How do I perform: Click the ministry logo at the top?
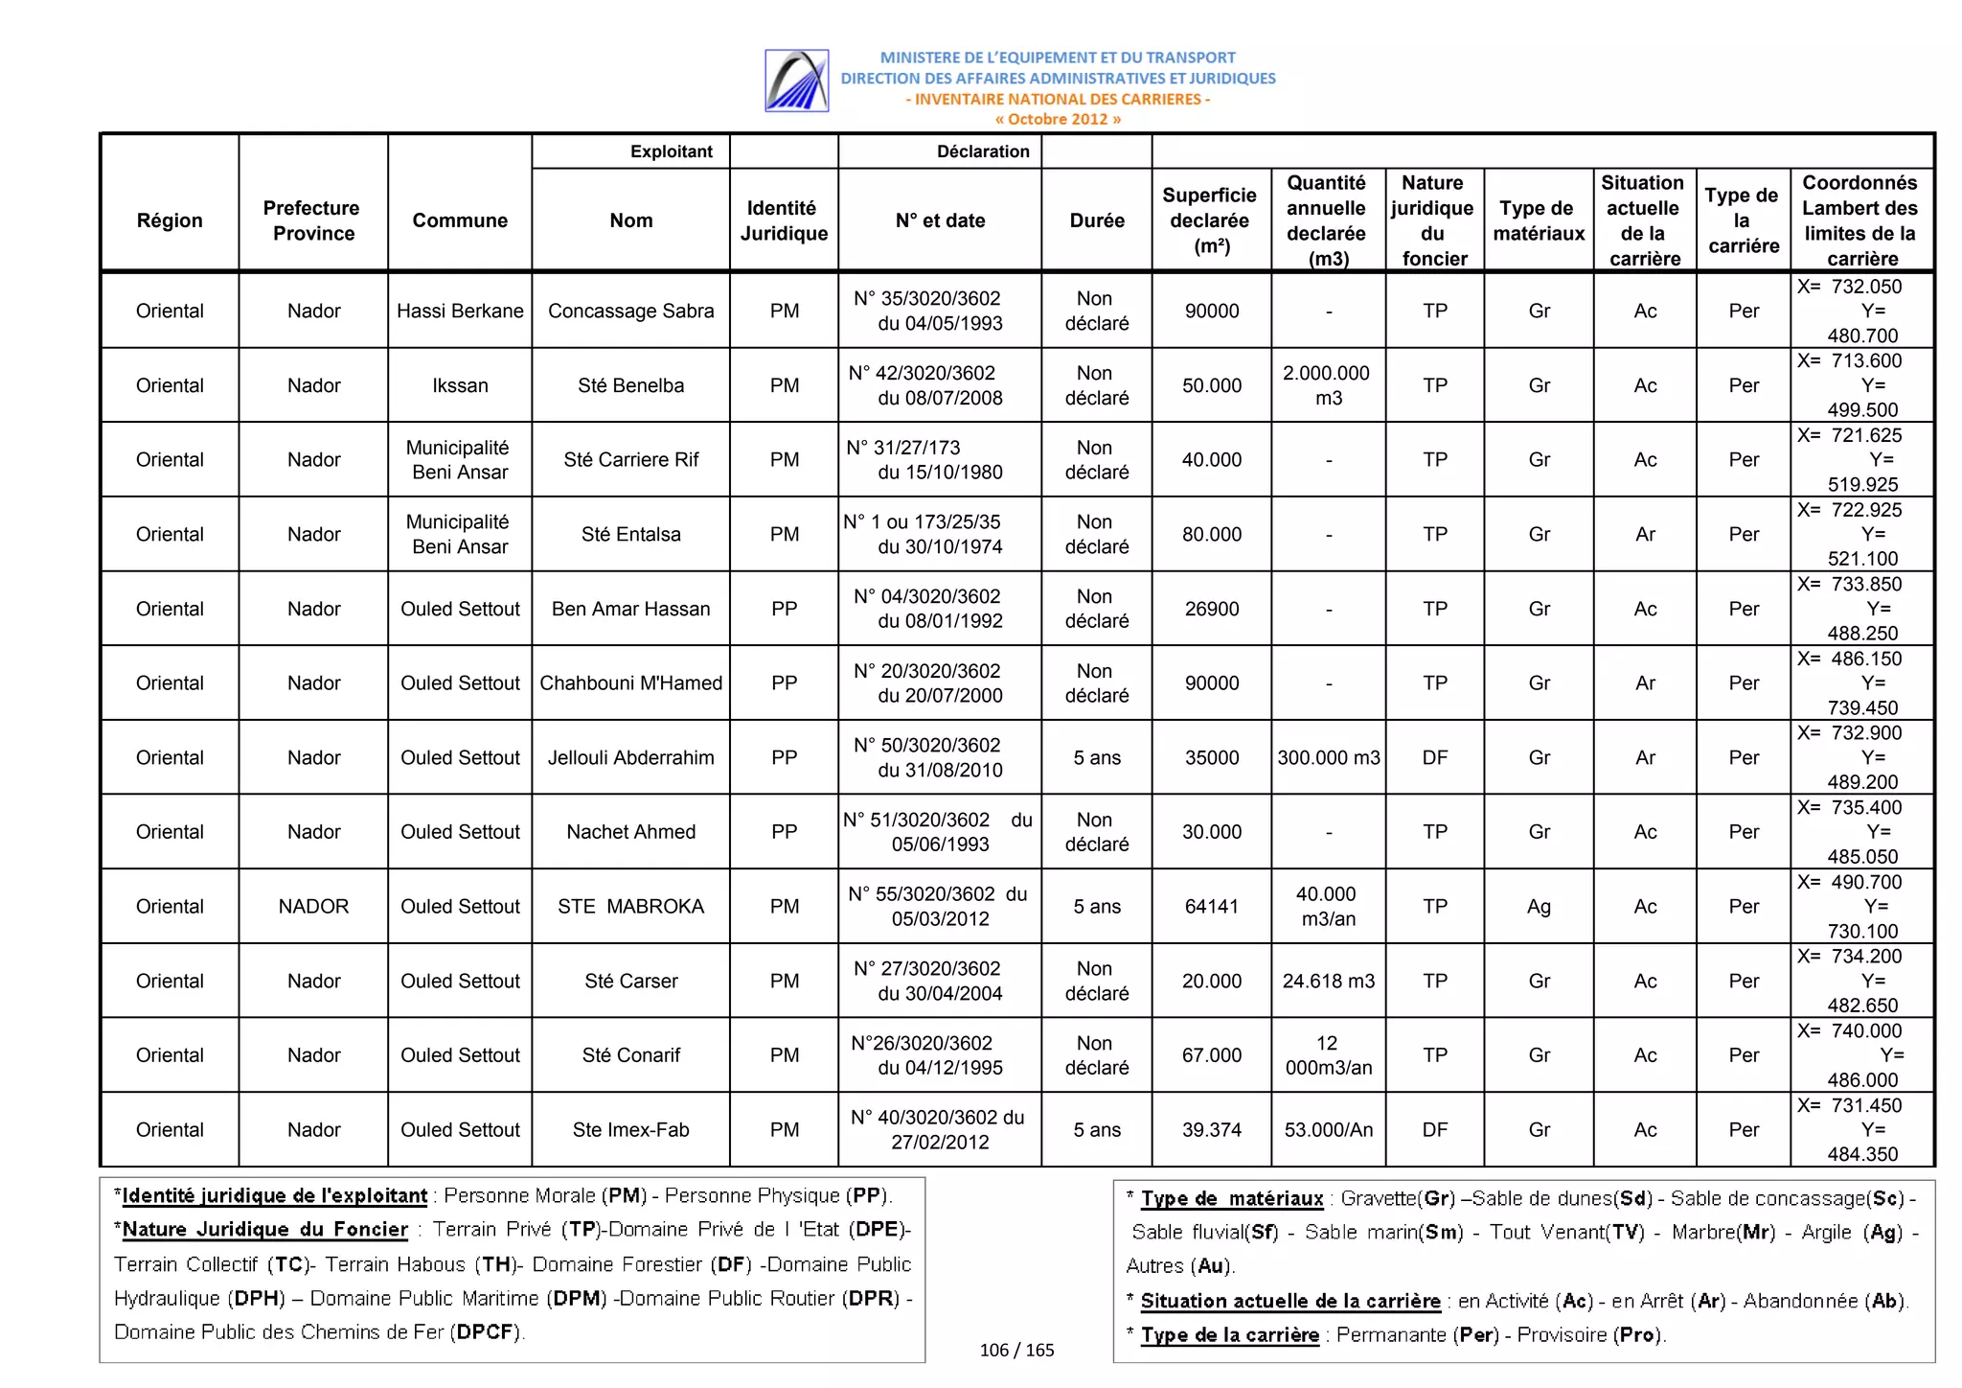click(796, 81)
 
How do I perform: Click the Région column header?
click(170, 220)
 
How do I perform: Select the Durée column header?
click(1096, 220)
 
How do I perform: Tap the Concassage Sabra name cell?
click(630, 311)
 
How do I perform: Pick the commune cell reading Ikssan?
click(460, 385)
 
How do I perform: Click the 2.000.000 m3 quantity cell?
click(1327, 385)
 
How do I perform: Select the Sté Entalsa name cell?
click(630, 534)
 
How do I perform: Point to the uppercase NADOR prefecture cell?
click(313, 906)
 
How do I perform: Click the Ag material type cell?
click(1538, 906)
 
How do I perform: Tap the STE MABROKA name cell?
click(630, 906)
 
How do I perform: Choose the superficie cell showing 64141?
click(1211, 906)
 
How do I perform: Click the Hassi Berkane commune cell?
click(460, 311)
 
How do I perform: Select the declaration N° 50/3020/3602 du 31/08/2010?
click(940, 757)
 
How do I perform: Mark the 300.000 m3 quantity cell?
click(1328, 757)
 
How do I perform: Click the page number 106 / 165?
click(1016, 1350)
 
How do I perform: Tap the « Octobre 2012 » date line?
click(1058, 120)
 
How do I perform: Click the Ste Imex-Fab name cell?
click(630, 1129)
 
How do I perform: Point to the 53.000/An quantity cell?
click(1328, 1129)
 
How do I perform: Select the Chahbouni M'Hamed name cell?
click(630, 682)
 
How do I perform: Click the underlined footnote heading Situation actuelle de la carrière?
click(1289, 1301)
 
